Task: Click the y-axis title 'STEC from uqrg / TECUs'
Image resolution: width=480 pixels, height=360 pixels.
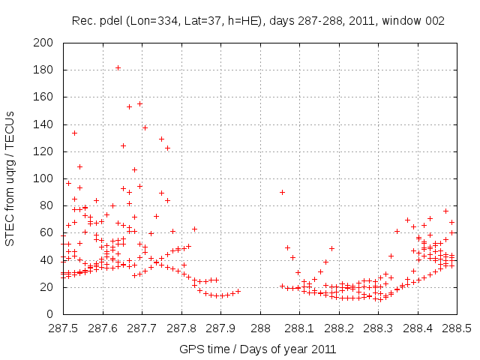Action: [x=10, y=178]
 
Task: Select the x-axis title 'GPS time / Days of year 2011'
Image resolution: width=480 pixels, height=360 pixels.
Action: [x=257, y=349]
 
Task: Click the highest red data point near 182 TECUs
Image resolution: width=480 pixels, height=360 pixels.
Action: [x=118, y=68]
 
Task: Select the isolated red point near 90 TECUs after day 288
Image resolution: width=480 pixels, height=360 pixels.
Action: [x=282, y=192]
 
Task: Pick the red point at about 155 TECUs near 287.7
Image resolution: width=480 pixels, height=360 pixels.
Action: [x=139, y=104]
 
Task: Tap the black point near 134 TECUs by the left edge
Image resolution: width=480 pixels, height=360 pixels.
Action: [x=74, y=133]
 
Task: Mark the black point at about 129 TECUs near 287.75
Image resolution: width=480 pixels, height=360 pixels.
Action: [x=161, y=139]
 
